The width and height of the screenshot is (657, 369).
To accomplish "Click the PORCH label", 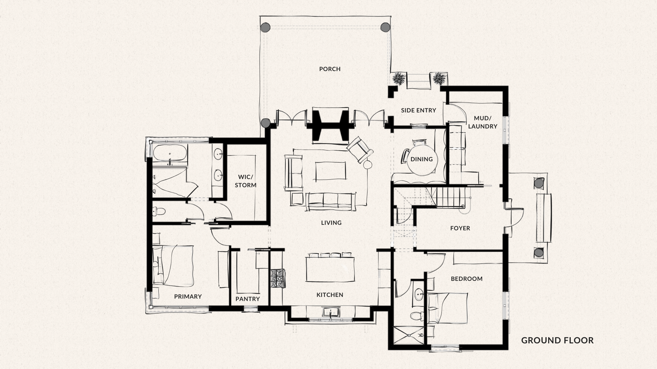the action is pyautogui.click(x=330, y=69).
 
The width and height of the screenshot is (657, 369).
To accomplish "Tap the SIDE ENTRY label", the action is pyautogui.click(x=418, y=110).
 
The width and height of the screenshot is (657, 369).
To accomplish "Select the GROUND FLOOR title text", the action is pyautogui.click(x=557, y=340).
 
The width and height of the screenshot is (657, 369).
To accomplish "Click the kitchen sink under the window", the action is pyautogui.click(x=330, y=312).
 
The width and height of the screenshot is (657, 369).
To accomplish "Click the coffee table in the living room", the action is pyautogui.click(x=331, y=171).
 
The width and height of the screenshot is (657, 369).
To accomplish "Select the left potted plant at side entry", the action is pyautogui.click(x=398, y=79).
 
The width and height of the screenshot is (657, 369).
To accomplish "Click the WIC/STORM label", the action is pyautogui.click(x=246, y=181).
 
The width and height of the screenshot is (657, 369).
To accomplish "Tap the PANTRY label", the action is pyautogui.click(x=248, y=299).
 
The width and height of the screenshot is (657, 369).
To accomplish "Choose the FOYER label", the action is pyautogui.click(x=460, y=228).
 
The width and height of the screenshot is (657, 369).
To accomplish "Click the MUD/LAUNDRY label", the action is pyautogui.click(x=482, y=122).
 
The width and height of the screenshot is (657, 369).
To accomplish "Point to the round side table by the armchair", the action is pyautogui.click(x=368, y=165).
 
